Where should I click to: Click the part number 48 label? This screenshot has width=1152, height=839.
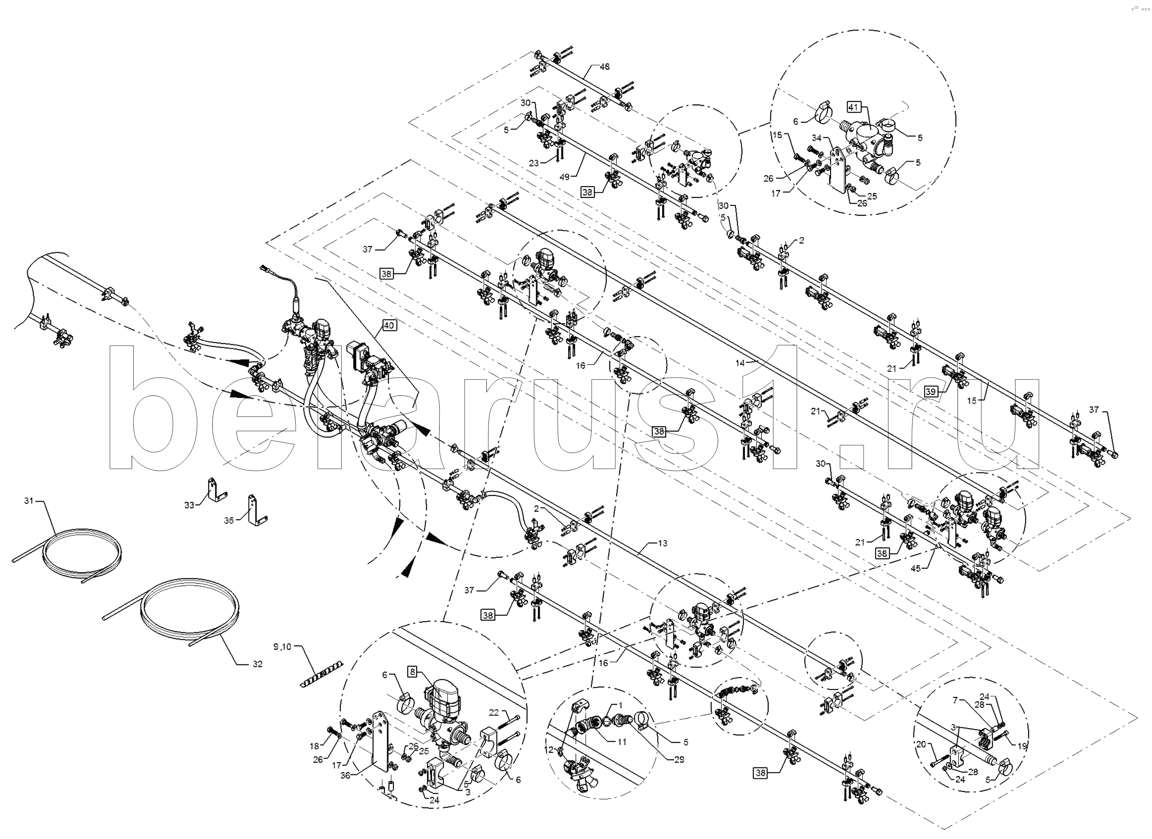point(605,67)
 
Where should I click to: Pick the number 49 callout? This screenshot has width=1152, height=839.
point(564,177)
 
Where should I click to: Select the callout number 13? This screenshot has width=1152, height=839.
point(662,544)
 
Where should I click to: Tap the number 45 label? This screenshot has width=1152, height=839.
point(915,569)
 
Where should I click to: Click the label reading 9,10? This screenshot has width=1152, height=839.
point(282,647)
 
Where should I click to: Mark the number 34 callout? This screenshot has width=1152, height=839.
point(816,138)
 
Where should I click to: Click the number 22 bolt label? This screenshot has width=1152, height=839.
point(494,713)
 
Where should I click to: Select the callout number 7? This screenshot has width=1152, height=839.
point(955,700)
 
